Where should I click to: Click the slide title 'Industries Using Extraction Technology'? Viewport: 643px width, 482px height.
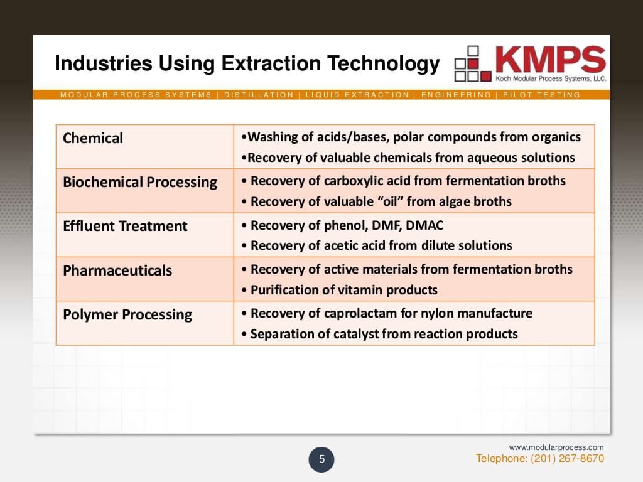coord(247,64)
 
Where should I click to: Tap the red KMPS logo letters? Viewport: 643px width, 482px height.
coord(550,59)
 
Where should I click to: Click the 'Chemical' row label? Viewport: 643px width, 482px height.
coord(93,138)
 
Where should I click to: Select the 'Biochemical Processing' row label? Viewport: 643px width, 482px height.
coord(140,183)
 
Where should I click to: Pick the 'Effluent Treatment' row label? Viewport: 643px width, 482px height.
coord(125,227)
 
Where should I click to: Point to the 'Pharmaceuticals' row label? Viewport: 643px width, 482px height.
coord(117,271)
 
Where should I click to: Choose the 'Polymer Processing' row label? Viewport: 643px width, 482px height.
coord(127,315)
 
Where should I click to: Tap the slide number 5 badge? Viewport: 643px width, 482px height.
coord(321,459)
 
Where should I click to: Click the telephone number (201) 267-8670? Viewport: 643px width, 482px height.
coord(567,459)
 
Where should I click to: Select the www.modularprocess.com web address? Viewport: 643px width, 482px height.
coord(556,447)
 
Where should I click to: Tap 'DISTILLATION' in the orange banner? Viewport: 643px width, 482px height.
coord(259,95)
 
